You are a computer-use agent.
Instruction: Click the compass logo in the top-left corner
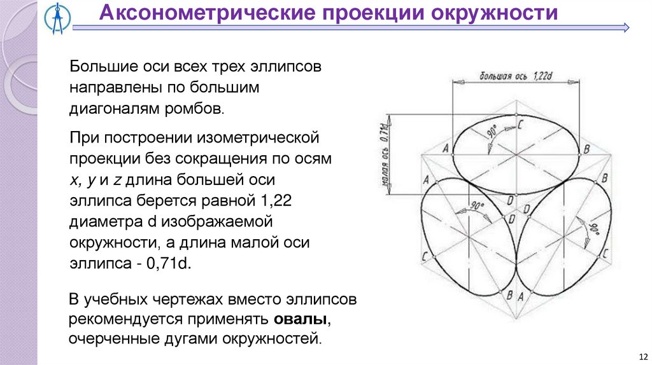coord(54,17)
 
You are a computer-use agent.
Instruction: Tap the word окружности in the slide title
coord(499,13)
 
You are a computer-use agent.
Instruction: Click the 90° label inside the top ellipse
coord(492,133)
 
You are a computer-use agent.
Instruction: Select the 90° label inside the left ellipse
coord(477,207)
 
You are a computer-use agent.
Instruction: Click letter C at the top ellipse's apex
coord(520,125)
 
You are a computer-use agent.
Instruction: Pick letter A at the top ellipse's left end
coord(445,149)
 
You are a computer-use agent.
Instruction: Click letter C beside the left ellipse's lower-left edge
coord(424,255)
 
